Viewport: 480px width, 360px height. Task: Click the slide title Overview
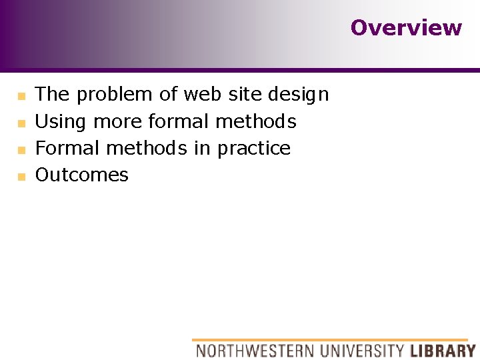point(405,28)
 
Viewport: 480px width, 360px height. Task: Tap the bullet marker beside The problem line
point(21,97)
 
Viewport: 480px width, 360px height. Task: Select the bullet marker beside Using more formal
point(21,123)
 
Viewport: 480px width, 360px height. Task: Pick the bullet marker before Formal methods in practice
point(21,150)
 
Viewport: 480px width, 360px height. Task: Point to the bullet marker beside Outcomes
point(21,177)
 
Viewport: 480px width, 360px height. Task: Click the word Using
point(61,122)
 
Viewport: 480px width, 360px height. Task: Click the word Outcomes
point(81,175)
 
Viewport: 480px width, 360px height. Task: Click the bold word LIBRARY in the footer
point(442,350)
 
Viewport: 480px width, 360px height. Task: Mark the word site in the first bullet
point(245,95)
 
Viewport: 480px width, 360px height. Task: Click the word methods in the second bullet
point(256,121)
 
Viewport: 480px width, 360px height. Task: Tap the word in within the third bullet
point(201,148)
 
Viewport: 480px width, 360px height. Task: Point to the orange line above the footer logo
point(330,340)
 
